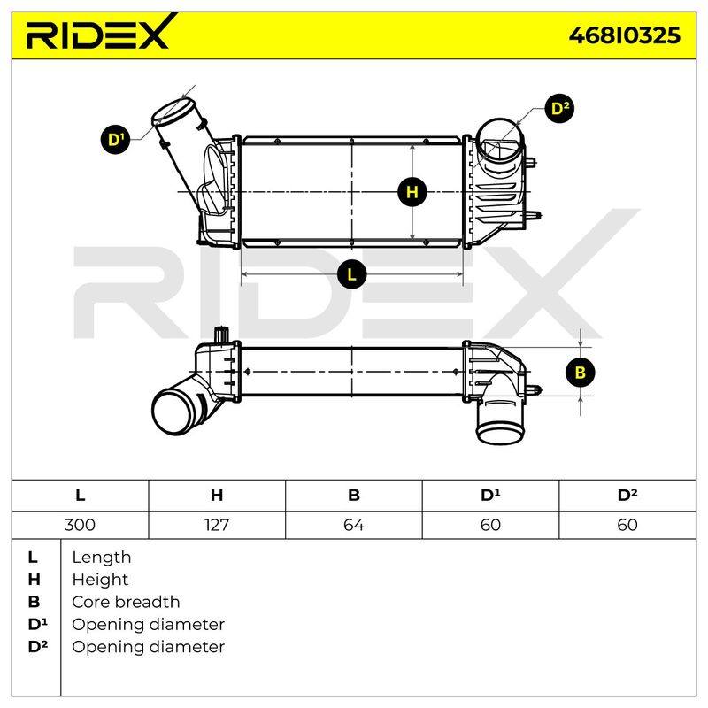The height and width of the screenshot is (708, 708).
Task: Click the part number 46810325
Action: pos(625,35)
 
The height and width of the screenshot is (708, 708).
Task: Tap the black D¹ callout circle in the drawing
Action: pos(116,139)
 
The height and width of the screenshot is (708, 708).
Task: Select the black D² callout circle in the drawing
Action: pos(560,108)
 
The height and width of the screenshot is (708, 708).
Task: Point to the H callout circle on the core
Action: pos(412,192)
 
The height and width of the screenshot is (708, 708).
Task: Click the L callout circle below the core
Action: pos(351,273)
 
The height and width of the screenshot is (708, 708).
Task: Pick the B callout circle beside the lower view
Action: pos(581,372)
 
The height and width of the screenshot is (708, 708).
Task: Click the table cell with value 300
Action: pos(80,525)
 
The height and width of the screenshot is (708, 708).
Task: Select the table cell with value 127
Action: pos(217,525)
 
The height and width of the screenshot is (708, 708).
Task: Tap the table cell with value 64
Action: pos(353,525)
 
